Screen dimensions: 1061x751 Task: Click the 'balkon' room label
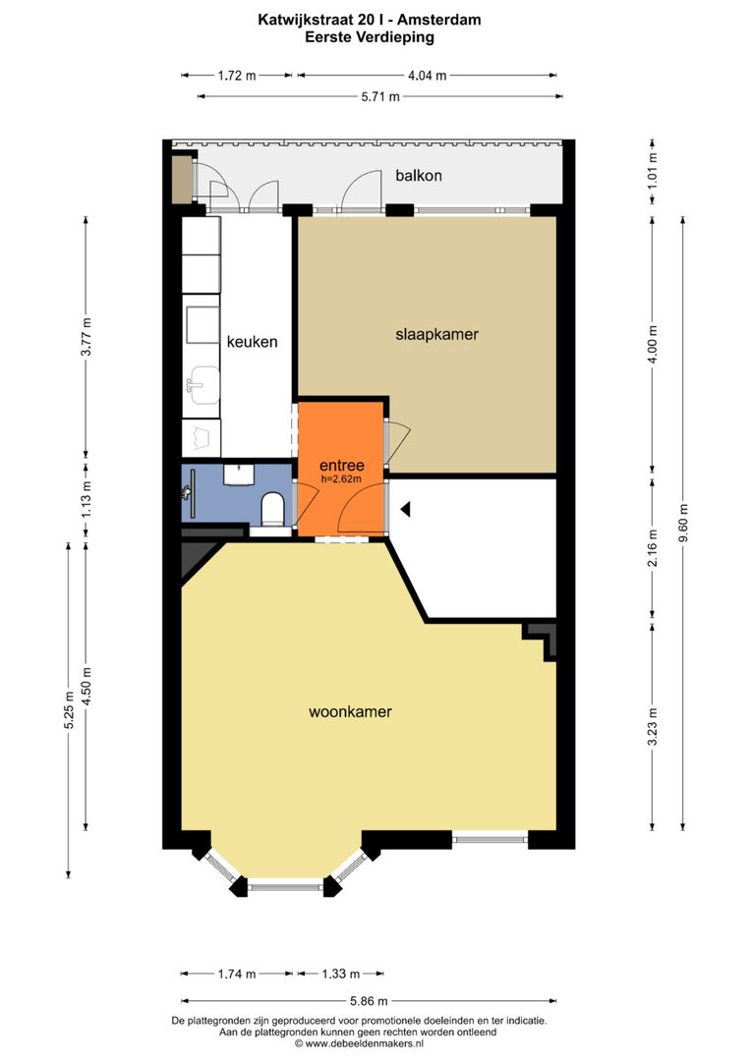pyautogui.click(x=419, y=176)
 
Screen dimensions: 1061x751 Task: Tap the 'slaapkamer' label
pyautogui.click(x=436, y=334)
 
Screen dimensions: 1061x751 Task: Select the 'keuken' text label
pyautogui.click(x=252, y=343)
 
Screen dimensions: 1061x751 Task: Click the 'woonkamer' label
pyautogui.click(x=351, y=711)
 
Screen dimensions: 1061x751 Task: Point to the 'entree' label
pyautogui.click(x=342, y=465)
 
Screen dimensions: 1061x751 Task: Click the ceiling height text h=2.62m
pyautogui.click(x=342, y=479)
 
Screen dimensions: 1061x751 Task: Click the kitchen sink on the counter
pyautogui.click(x=203, y=379)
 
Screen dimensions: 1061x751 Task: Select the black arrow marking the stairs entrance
pyautogui.click(x=404, y=509)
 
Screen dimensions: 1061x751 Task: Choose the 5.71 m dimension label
pyautogui.click(x=380, y=96)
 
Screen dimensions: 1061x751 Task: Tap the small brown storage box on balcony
pyautogui.click(x=182, y=178)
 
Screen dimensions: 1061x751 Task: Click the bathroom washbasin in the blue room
pyautogui.click(x=237, y=475)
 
